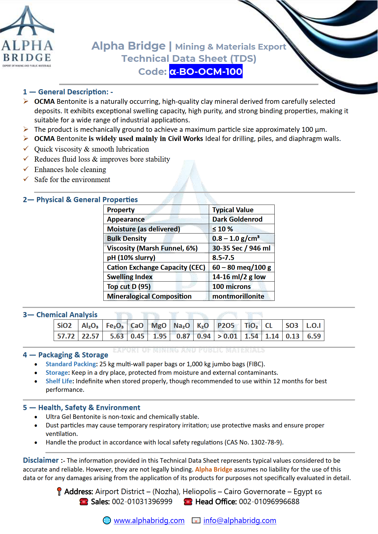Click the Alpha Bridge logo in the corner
click(x=27, y=37)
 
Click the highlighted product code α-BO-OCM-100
click(x=206, y=72)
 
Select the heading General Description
click(x=73, y=92)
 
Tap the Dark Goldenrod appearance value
click(x=237, y=219)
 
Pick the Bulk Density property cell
click(x=127, y=238)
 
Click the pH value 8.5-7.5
click(x=223, y=258)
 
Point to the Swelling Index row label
click(x=130, y=277)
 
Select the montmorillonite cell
click(x=238, y=296)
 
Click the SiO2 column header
click(x=64, y=325)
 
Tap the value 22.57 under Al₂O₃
click(x=90, y=336)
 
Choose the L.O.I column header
click(x=313, y=325)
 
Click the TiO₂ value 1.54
click(x=251, y=336)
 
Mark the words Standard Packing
click(x=71, y=364)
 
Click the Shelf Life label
click(x=59, y=381)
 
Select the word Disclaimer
click(x=41, y=460)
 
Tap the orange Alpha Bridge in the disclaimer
click(x=213, y=469)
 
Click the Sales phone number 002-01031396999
click(x=142, y=502)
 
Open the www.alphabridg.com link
click(x=149, y=521)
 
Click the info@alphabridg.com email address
click(x=240, y=521)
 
